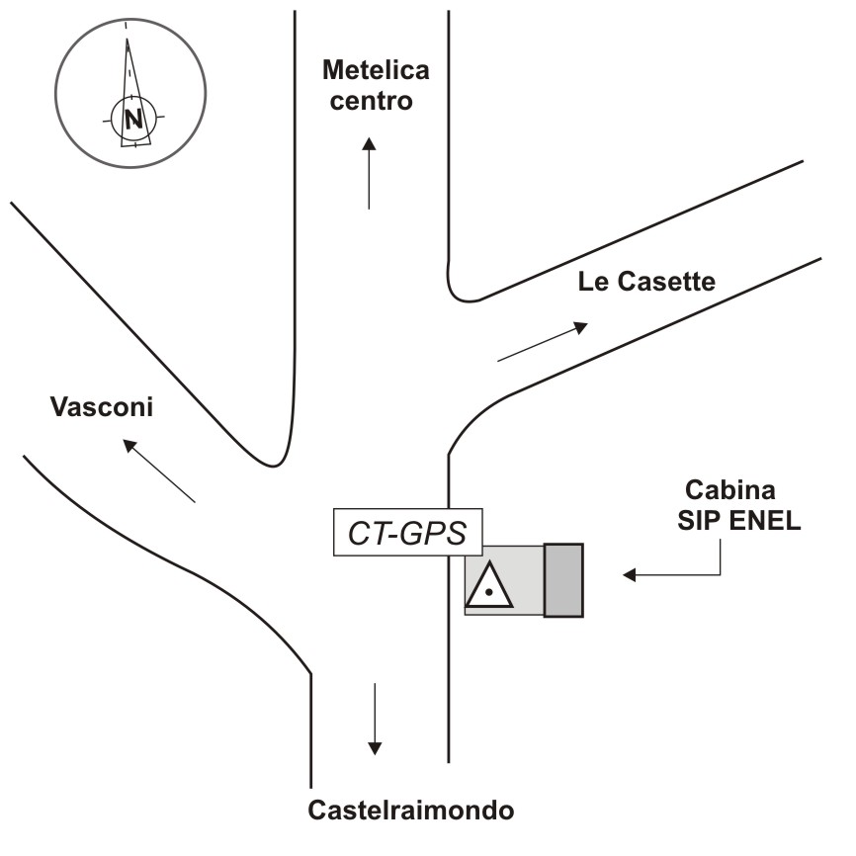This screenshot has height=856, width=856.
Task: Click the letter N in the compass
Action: pyautogui.click(x=132, y=120)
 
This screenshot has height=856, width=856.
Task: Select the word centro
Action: pyautogui.click(x=371, y=101)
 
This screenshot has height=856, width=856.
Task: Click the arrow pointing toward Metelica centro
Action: pyautogui.click(x=369, y=173)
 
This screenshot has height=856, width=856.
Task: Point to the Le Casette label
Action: pyautogui.click(x=645, y=282)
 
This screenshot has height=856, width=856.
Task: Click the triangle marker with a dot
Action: pyautogui.click(x=489, y=584)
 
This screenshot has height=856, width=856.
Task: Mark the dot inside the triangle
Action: pyautogui.click(x=489, y=591)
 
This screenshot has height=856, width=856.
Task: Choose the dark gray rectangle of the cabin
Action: pyautogui.click(x=563, y=580)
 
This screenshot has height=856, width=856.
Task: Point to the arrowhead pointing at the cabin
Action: pyautogui.click(x=629, y=574)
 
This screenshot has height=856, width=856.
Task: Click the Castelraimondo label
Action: pyautogui.click(x=411, y=811)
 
